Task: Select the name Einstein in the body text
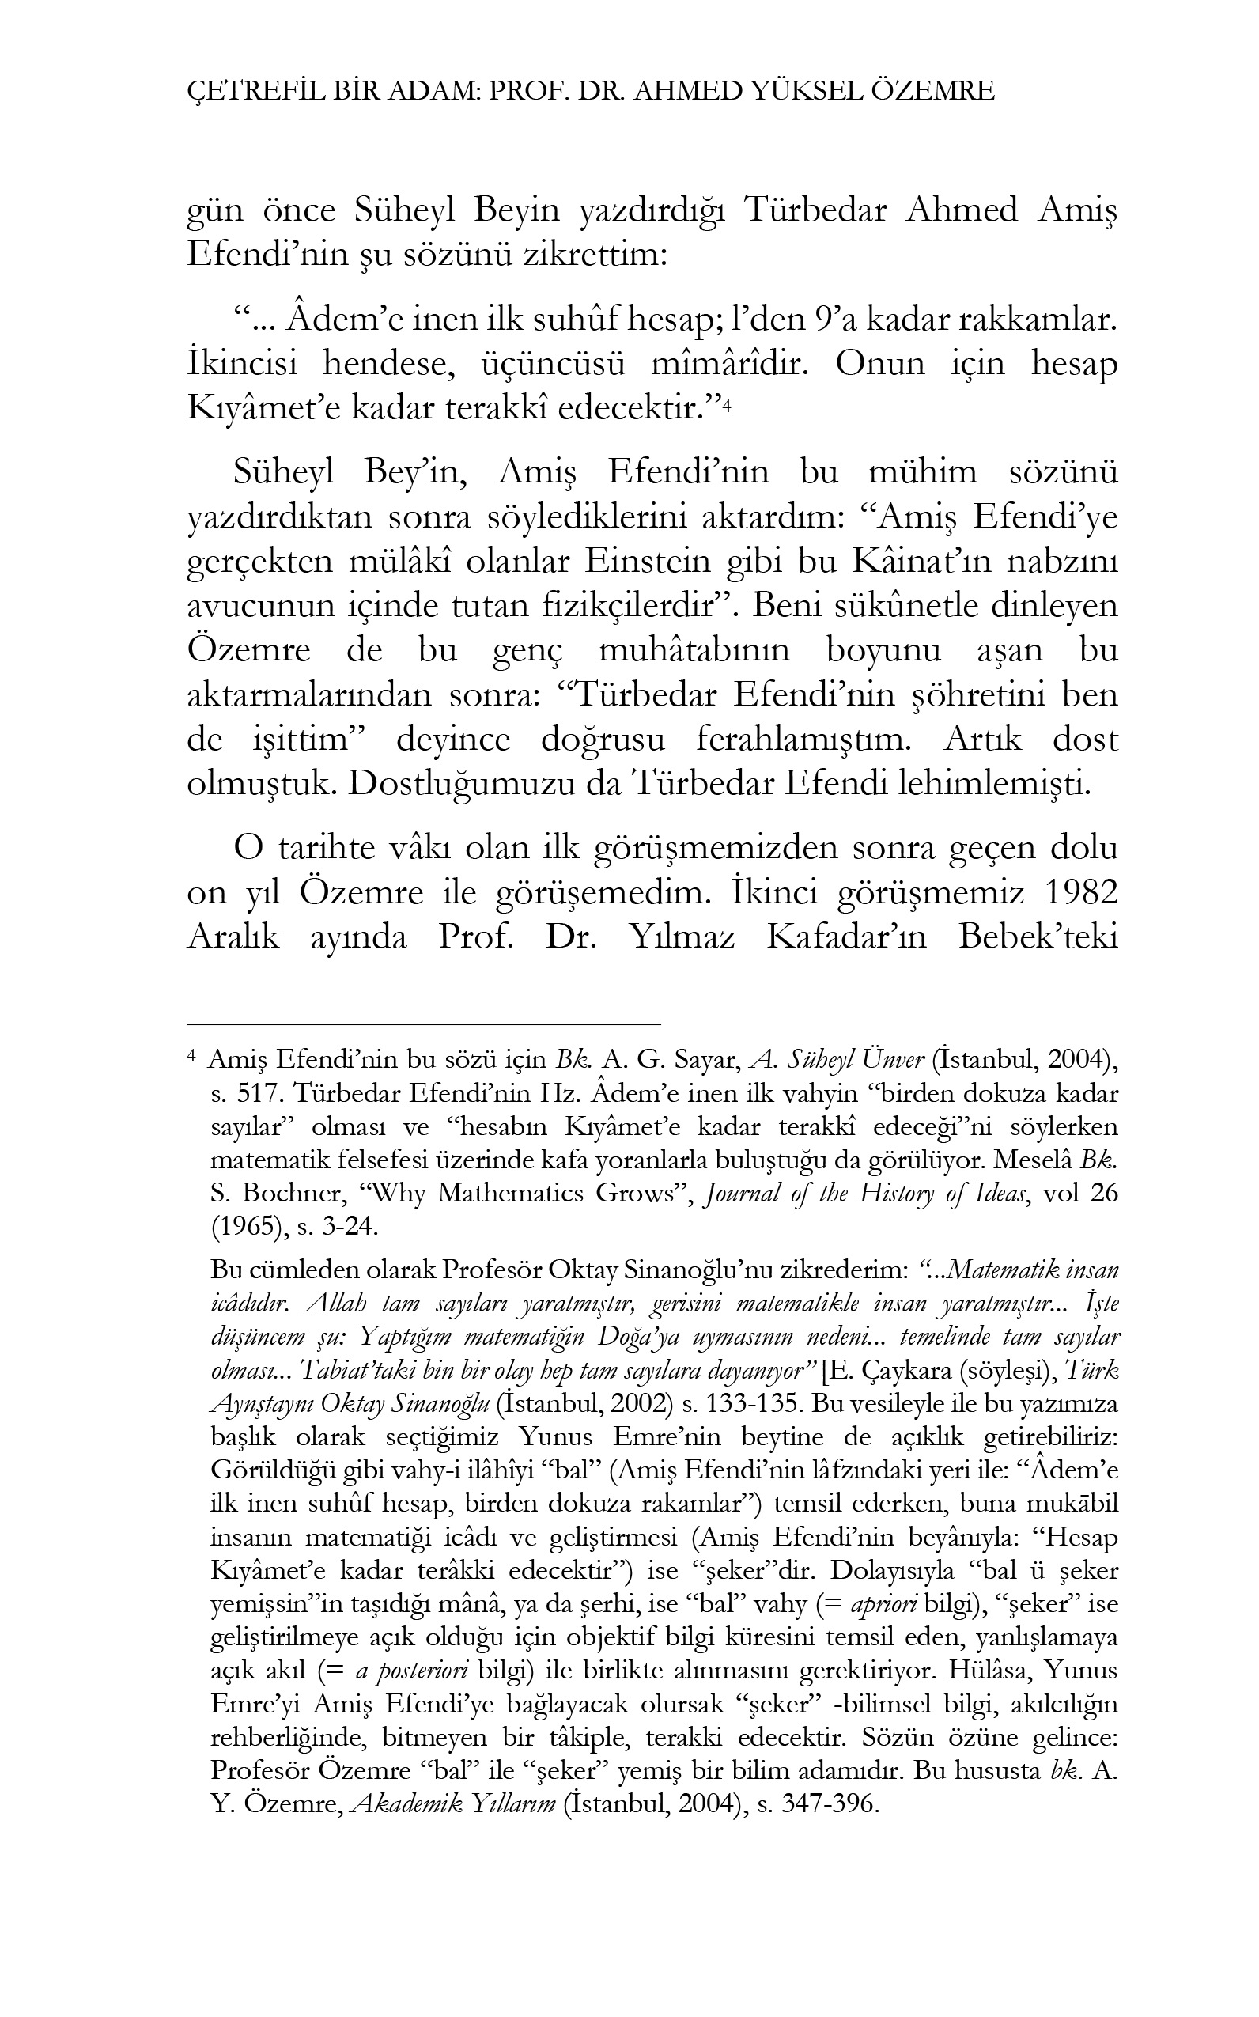651,562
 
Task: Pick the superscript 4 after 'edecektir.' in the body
726,407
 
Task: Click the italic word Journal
739,1194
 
